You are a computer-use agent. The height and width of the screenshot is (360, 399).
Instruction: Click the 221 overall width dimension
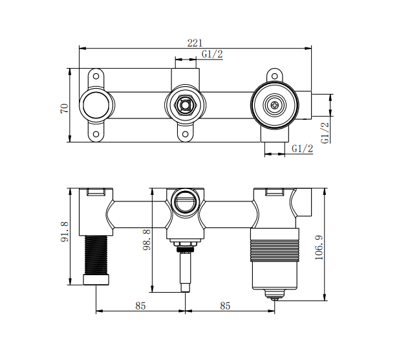[x=195, y=43]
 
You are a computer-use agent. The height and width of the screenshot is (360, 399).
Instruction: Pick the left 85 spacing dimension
[x=140, y=306]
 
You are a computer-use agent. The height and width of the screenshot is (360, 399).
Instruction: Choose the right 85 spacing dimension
[x=225, y=306]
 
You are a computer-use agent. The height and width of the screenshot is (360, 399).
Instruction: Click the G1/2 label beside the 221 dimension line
[x=212, y=54]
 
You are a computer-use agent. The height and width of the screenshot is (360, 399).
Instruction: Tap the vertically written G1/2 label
[x=325, y=132]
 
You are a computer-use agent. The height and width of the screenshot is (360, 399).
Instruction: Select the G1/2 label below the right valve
[x=302, y=149]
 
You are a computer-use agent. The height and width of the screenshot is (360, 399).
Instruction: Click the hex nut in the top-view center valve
[x=185, y=104]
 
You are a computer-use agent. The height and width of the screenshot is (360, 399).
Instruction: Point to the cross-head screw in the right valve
[x=276, y=104]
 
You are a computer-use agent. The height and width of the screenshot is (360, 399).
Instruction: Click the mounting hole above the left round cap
[x=96, y=76]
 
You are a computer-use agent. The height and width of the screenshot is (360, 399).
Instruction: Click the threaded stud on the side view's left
[x=96, y=253]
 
